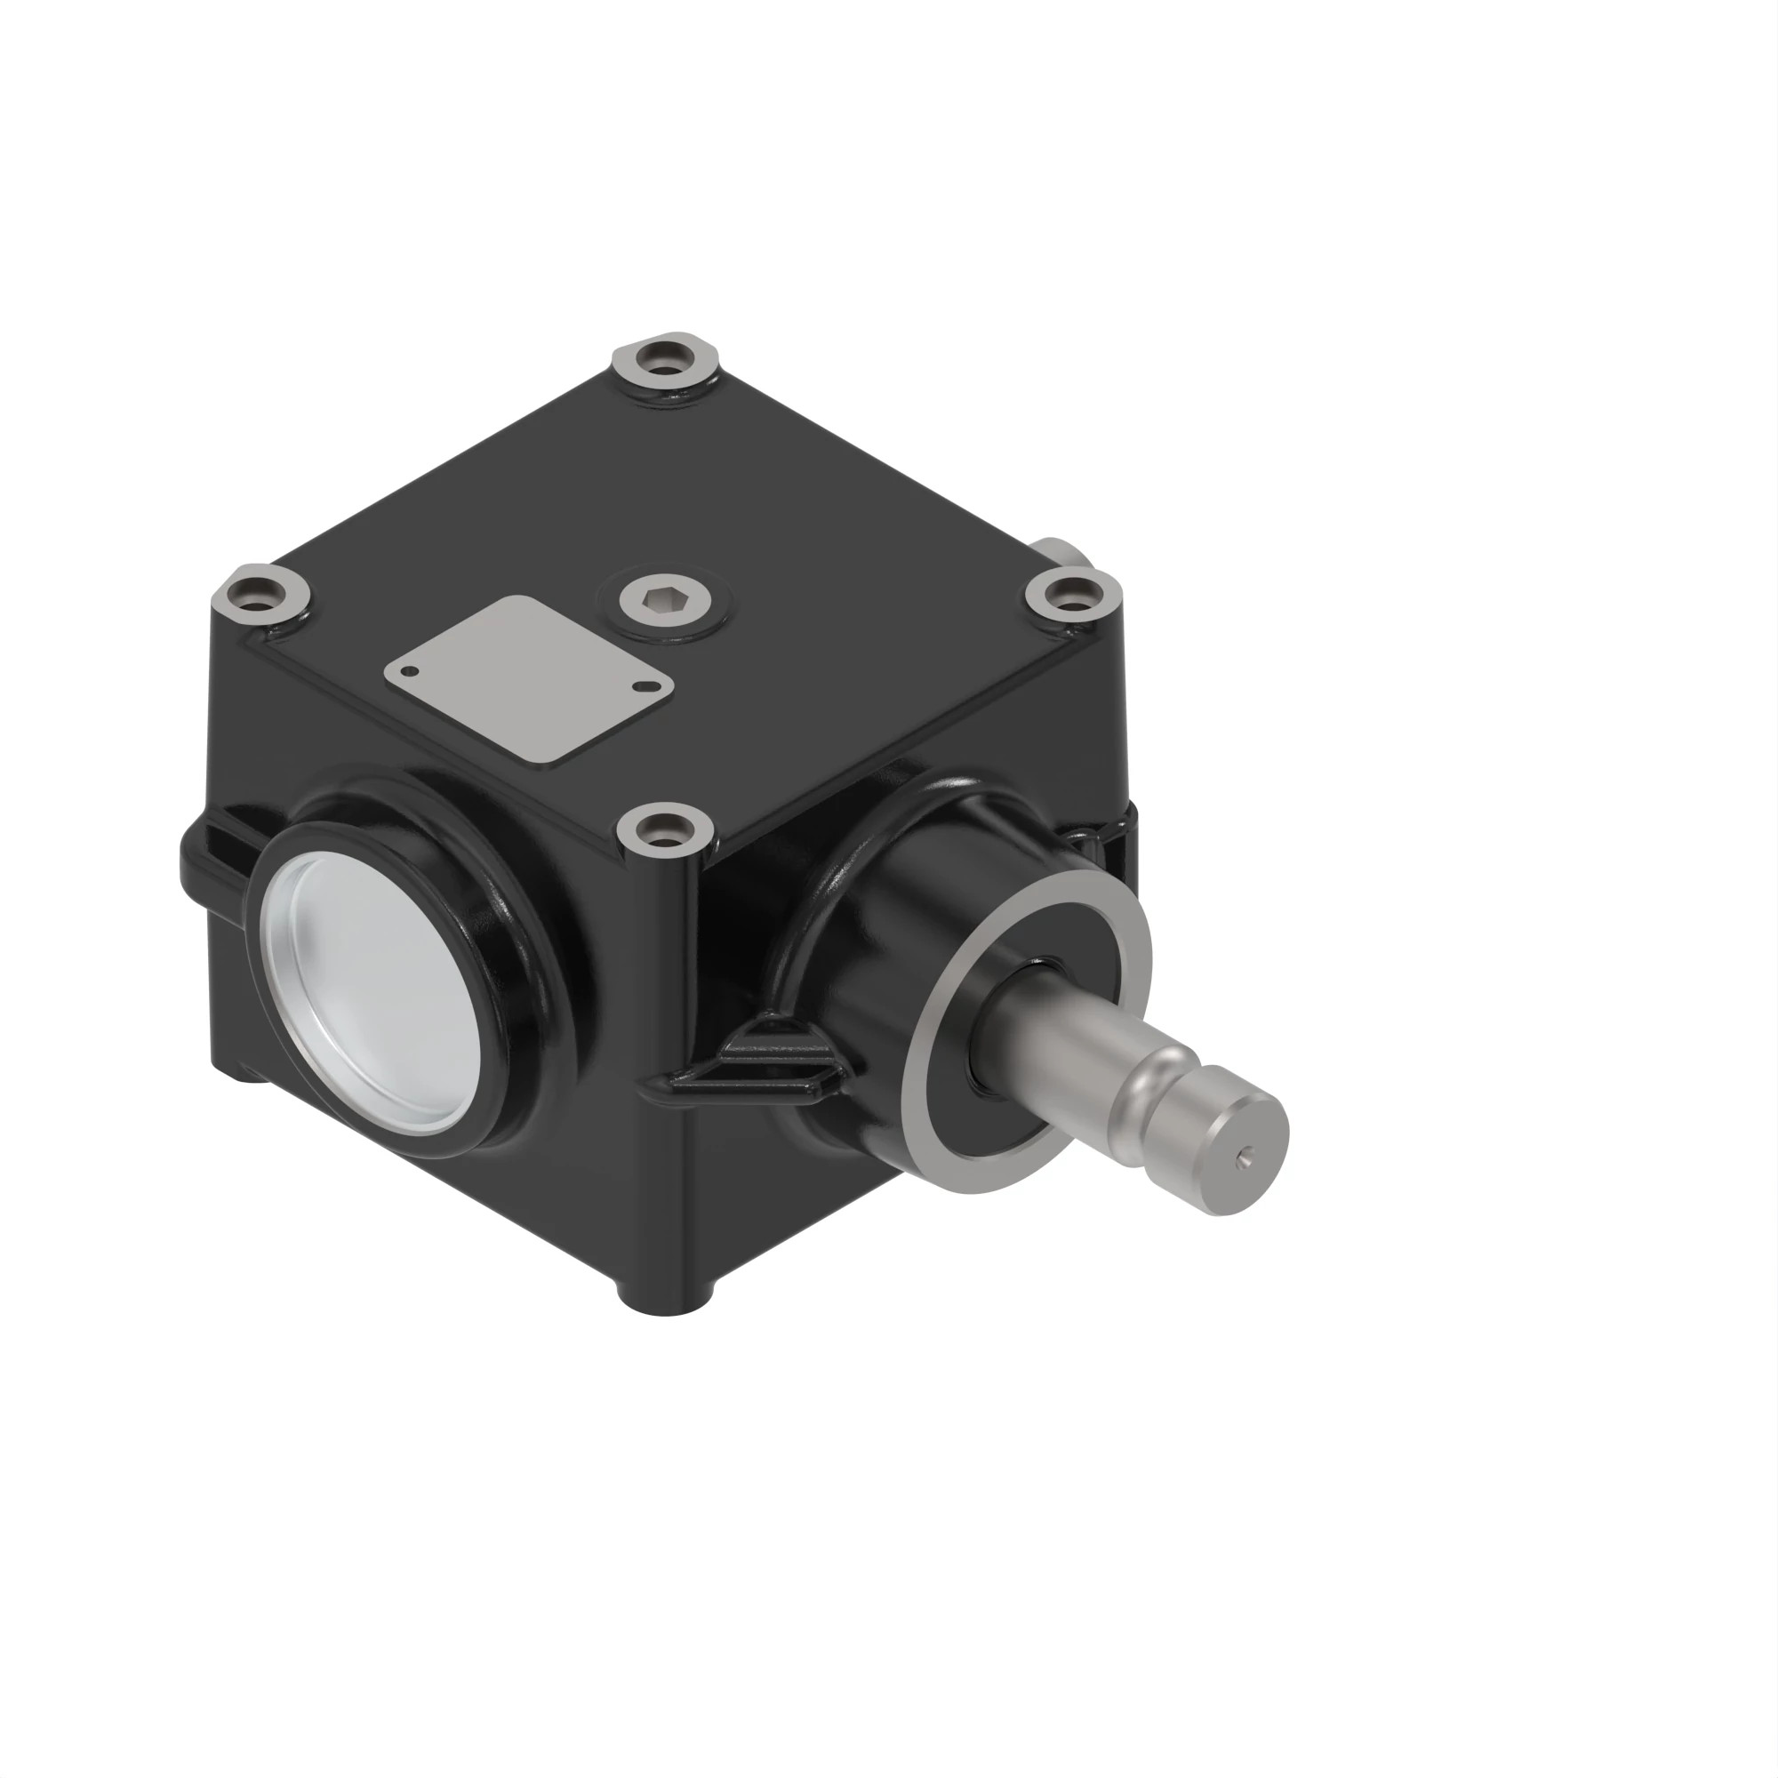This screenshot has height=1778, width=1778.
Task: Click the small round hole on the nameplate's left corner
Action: click(x=413, y=671)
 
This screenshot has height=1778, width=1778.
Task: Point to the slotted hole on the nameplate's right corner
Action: click(x=653, y=684)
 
